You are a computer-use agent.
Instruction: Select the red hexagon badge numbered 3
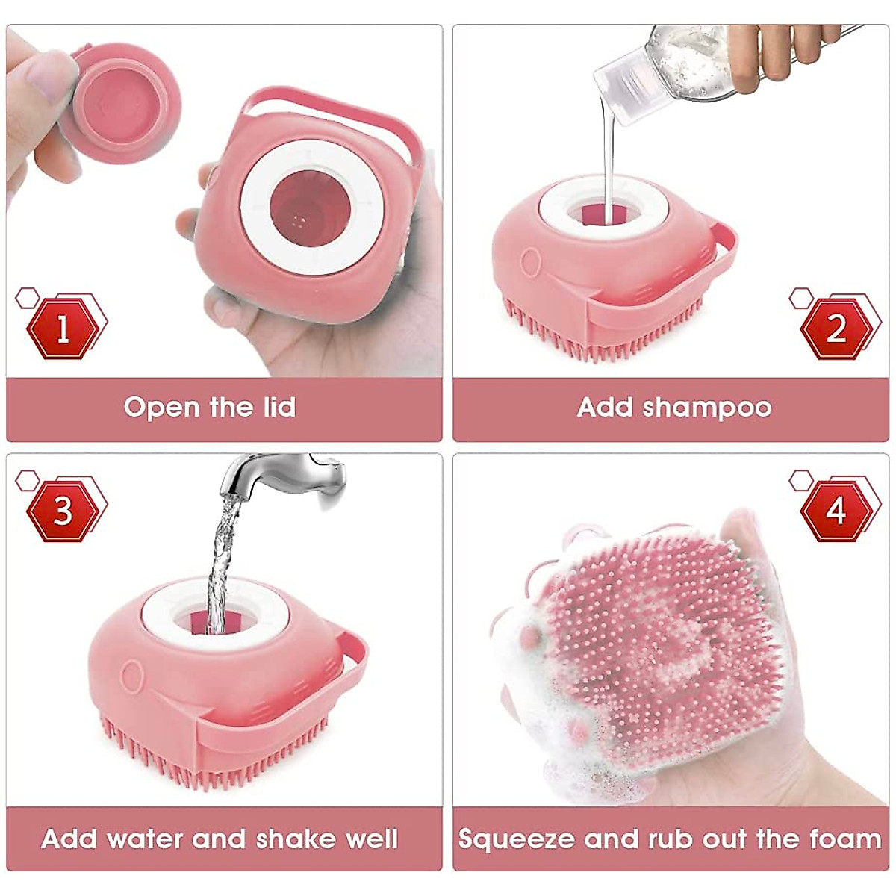point(63,511)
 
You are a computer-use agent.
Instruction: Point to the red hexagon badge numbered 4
point(836,511)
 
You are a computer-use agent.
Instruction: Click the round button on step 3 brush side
point(133,676)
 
